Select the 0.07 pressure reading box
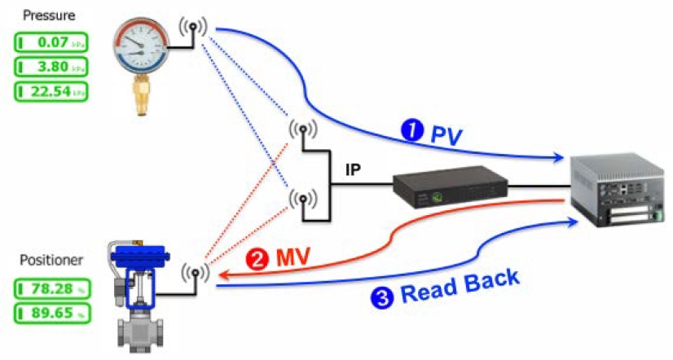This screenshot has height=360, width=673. pos(51,41)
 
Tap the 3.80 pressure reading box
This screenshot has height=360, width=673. pos(51,66)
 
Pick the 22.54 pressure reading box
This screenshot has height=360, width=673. pos(51,91)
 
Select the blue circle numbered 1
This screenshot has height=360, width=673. pos(412,130)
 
